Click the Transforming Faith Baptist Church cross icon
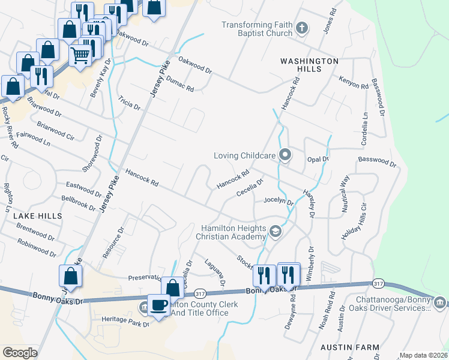[302, 28]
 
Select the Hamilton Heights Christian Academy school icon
[276, 232]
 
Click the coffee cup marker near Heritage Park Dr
[159, 305]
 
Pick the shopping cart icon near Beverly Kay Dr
[80, 55]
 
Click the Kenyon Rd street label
[353, 82]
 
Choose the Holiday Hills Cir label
[354, 225]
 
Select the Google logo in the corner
[20, 353]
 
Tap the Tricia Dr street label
[129, 103]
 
